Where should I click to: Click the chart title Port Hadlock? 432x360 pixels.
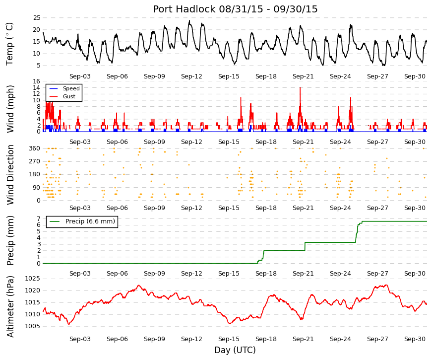pos(184,9)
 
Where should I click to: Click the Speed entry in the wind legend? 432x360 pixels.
pos(71,88)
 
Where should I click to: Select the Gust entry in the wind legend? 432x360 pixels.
pos(69,96)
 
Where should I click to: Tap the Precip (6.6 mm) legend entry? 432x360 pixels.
pos(90,221)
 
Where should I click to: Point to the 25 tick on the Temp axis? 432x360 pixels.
pos(37,18)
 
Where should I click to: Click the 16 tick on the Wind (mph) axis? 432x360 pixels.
pos(37,81)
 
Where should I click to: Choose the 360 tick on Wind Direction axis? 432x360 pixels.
pos(35,148)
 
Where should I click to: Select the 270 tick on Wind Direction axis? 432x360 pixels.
pos(35,161)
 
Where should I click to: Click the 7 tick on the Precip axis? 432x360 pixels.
pos(39,219)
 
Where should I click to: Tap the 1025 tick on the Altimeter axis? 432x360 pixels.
pos(33,279)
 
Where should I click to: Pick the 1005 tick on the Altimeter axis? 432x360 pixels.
pos(33,326)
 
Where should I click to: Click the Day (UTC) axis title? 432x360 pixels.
pos(235,350)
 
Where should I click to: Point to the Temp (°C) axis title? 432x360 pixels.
pos(9,44)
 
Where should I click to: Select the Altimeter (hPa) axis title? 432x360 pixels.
pos(10,306)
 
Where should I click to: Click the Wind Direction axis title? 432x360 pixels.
pos(10,175)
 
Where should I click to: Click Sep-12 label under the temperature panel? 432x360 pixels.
pos(191,76)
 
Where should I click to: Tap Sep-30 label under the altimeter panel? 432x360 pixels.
pos(415,339)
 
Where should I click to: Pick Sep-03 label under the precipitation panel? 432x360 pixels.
pos(80,274)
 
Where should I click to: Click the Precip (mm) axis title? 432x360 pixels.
pos(10,240)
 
